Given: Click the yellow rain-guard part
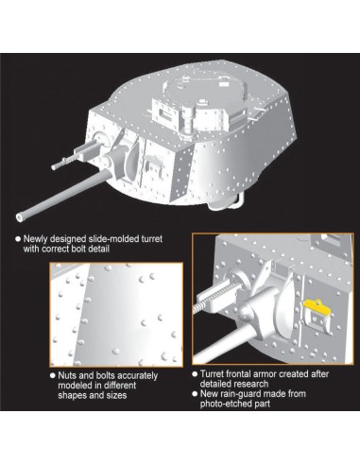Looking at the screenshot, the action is pyautogui.click(x=317, y=306).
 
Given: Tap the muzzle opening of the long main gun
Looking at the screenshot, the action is pyautogui.click(x=20, y=217).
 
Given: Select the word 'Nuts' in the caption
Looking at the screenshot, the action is pyautogui.click(x=66, y=375).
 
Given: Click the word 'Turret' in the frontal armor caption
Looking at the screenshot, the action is pyautogui.click(x=212, y=374).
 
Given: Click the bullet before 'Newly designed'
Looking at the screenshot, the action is pyautogui.click(x=18, y=239).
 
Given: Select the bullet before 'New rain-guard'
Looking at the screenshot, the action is pyautogui.click(x=195, y=394).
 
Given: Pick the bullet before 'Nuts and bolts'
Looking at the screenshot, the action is pyautogui.click(x=53, y=375).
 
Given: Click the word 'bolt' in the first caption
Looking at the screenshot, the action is pyautogui.click(x=77, y=249).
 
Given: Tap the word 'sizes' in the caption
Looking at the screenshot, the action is pyautogui.click(x=116, y=395).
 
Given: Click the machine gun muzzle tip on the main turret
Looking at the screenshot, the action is pyautogui.click(x=53, y=167).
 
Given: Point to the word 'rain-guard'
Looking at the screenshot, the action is pyautogui.click(x=242, y=394).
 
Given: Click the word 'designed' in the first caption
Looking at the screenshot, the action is pyautogui.click(x=65, y=239).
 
